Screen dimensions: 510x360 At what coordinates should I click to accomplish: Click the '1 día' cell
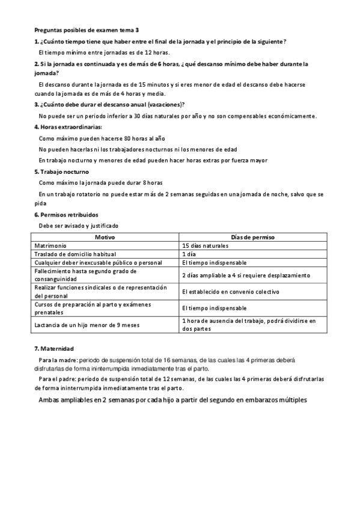point(189,254)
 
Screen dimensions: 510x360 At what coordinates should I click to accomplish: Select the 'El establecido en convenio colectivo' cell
point(231,291)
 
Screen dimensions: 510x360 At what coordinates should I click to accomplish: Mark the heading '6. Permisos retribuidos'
point(66,215)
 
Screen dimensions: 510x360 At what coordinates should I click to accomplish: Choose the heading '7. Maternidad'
point(53,348)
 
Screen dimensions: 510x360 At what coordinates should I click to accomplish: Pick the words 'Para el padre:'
point(58,379)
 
